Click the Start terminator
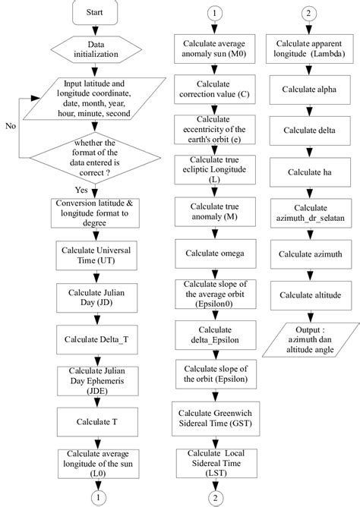tap(95, 13)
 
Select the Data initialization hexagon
tap(95, 50)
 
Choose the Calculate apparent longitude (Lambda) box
tap(311, 48)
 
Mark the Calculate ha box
tap(311, 171)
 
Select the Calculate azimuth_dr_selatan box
tap(311, 213)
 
